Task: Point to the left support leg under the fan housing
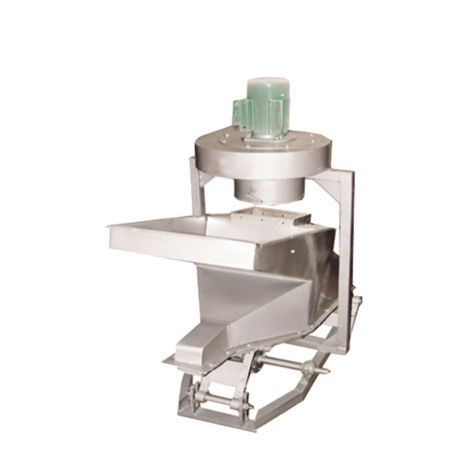coord(197,187)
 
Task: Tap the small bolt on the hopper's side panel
coord(291,255)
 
